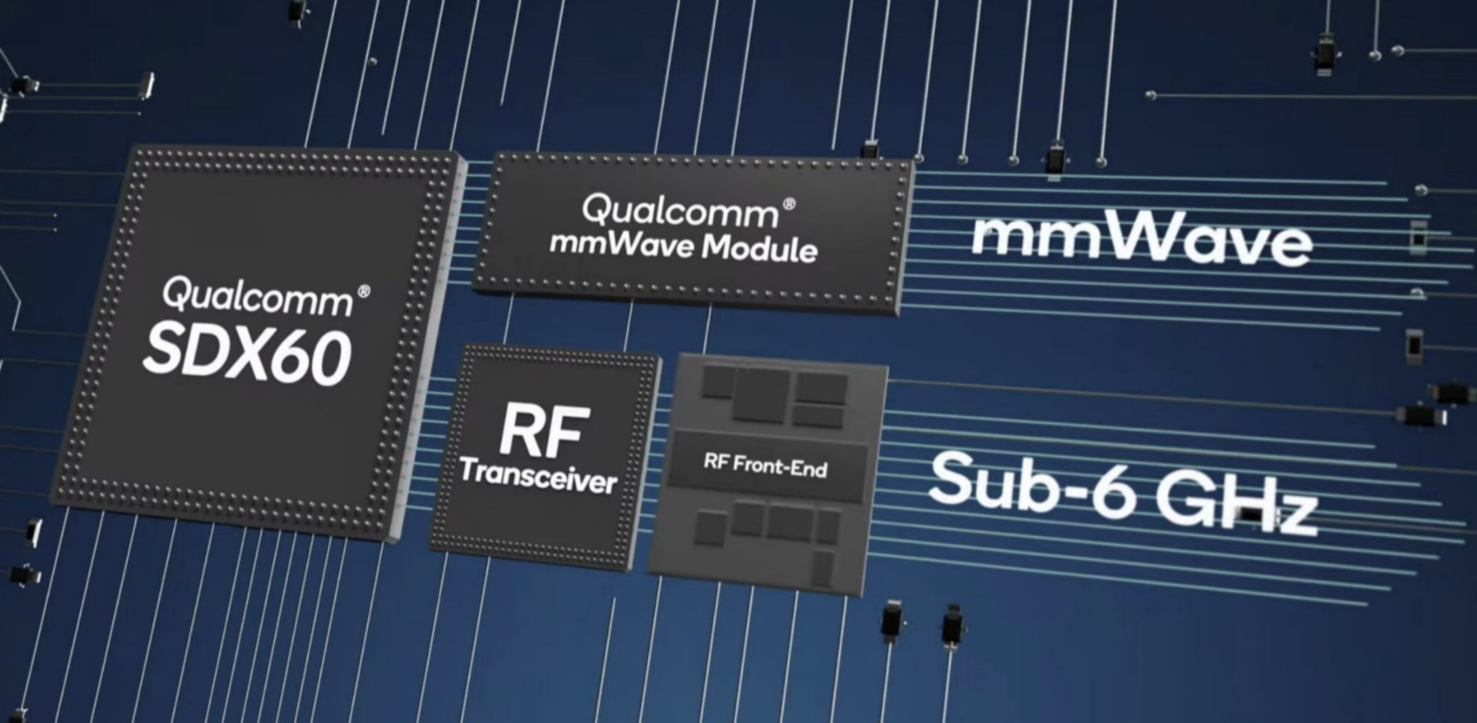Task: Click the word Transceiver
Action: [538, 480]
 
